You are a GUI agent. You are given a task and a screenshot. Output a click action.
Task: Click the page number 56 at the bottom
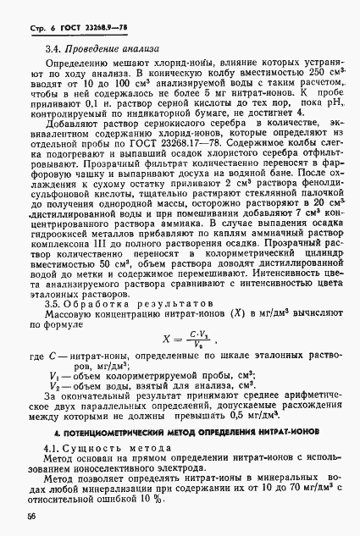pos(30,515)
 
